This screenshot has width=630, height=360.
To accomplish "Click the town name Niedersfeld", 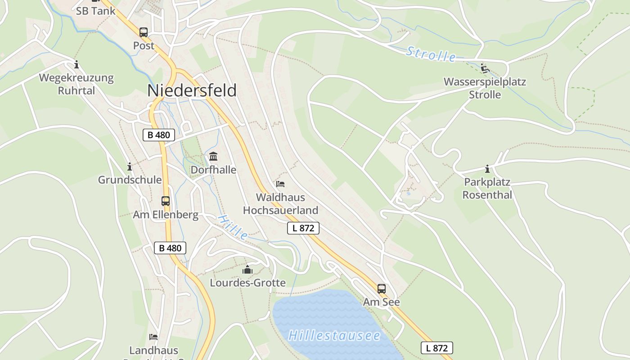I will pyautogui.click(x=192, y=90).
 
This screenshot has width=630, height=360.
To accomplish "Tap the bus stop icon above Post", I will pyautogui.click(x=144, y=32).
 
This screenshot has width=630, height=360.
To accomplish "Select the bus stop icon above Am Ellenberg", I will pyautogui.click(x=166, y=201).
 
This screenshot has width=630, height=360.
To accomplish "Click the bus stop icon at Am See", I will pyautogui.click(x=382, y=289).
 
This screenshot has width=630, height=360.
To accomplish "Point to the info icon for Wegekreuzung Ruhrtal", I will pyautogui.click(x=76, y=65).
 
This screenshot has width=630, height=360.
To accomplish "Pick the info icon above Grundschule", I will pyautogui.click(x=130, y=167).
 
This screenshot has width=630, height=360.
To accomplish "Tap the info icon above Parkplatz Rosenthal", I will pyautogui.click(x=487, y=169).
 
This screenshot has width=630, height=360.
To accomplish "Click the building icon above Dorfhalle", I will pyautogui.click(x=213, y=157).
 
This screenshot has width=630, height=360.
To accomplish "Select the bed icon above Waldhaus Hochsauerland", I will pyautogui.click(x=280, y=184).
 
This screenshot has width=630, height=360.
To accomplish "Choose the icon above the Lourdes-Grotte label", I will pyautogui.click(x=247, y=270).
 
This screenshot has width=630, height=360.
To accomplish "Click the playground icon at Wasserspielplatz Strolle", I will pyautogui.click(x=485, y=68).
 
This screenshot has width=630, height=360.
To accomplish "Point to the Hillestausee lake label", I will pyautogui.click(x=334, y=336).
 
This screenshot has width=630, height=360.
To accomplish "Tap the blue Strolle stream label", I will pyautogui.click(x=431, y=54).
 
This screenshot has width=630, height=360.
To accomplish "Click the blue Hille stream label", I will pyautogui.click(x=233, y=227).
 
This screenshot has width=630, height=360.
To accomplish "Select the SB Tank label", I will pyautogui.click(x=95, y=11).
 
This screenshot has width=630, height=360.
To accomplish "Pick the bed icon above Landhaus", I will pyautogui.click(x=153, y=337).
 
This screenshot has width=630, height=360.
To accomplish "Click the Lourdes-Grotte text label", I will pyautogui.click(x=247, y=283).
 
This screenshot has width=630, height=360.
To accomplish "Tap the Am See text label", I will pyautogui.click(x=382, y=302).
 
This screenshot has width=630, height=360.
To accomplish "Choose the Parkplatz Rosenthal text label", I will pyautogui.click(x=487, y=189).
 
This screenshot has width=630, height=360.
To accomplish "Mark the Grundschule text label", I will pyautogui.click(x=130, y=180).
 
